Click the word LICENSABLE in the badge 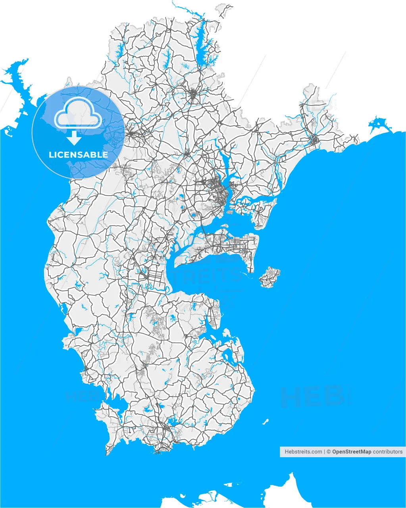click(x=78, y=155)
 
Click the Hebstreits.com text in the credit click(x=303, y=452)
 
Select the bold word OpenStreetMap click(x=352, y=452)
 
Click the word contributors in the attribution click(x=388, y=452)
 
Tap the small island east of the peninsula click(x=270, y=277)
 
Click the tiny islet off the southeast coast click(x=265, y=421)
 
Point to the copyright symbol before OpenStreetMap click(x=329, y=452)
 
